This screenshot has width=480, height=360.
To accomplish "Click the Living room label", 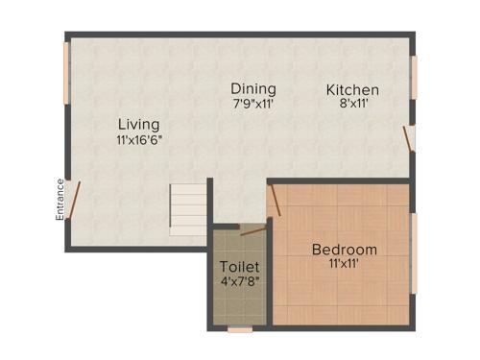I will (138, 124).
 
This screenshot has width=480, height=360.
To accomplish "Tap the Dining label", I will (253, 88).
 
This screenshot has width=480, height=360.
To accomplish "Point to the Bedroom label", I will (344, 250).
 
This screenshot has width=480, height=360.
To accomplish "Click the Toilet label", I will (238, 266).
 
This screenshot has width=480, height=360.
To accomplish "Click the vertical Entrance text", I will (60, 200).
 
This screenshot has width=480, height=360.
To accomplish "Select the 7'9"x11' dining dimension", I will (253, 104).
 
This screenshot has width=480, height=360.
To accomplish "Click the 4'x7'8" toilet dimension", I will (239, 282).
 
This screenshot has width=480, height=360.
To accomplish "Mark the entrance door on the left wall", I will (72, 198).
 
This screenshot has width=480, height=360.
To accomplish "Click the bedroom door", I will (275, 200).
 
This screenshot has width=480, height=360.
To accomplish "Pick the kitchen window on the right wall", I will (415, 77).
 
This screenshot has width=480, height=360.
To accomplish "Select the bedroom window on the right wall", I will (415, 252).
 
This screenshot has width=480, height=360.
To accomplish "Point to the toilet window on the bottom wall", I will (240, 329).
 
